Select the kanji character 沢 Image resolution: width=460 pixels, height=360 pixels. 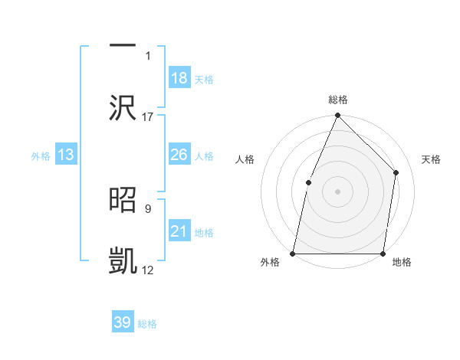click(123, 106)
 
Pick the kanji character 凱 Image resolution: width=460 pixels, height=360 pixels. click(123, 260)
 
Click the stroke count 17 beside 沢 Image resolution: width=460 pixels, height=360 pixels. click(148, 116)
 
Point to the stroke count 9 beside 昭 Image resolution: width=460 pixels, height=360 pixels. click(149, 207)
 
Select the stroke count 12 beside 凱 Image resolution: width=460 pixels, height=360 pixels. click(148, 270)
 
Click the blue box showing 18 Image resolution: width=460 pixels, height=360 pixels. click(179, 78)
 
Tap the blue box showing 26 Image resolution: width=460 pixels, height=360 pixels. click(179, 155)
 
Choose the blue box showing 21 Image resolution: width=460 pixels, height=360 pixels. click(179, 231)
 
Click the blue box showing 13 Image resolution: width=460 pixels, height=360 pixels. click(66, 155)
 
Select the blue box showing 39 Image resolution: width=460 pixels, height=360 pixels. click(123, 322)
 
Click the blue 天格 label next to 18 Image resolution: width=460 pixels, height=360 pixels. click(204, 80)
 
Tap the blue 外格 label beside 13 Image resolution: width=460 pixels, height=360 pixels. click(41, 156)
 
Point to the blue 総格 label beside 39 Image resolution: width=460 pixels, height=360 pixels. click(148, 324)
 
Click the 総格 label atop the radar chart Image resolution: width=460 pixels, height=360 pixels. click(338, 100)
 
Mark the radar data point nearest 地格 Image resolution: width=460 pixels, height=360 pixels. click(383, 254)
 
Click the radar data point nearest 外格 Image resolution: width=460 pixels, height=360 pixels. click(293, 253)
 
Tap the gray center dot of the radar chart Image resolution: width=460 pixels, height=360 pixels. click(337, 191)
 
